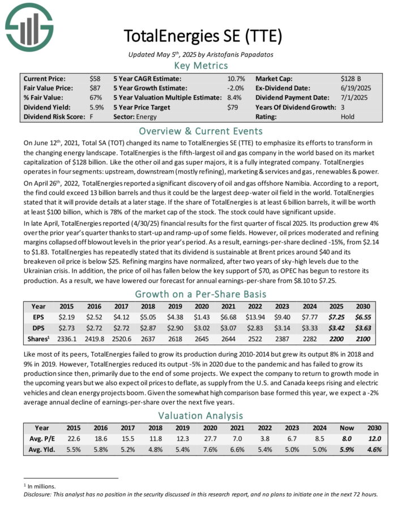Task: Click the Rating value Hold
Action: tap(348, 117)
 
